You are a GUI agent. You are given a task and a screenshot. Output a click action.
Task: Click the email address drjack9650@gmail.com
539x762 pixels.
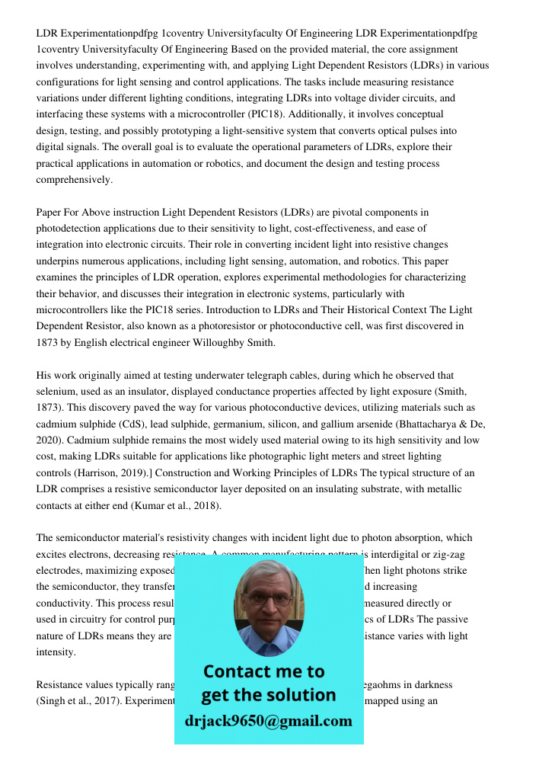268,721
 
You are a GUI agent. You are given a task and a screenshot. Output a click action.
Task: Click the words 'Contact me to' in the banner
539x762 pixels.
263,671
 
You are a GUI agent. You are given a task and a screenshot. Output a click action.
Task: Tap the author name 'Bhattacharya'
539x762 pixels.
429,424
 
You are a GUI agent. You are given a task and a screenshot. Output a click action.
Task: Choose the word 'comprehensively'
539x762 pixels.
73,180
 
